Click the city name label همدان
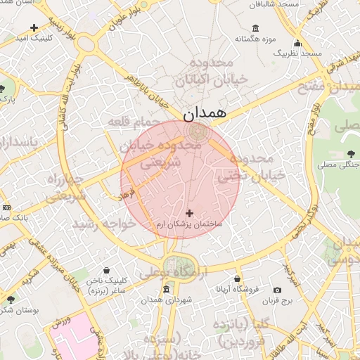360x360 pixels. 205,112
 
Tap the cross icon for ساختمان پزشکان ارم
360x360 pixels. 189,212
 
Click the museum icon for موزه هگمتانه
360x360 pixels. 255,28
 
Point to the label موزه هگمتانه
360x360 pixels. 258,39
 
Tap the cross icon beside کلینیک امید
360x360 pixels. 34,27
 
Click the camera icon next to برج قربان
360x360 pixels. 277,290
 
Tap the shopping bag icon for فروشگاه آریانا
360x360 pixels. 237,279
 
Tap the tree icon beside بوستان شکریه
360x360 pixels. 10,300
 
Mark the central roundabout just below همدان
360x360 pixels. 198,131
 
